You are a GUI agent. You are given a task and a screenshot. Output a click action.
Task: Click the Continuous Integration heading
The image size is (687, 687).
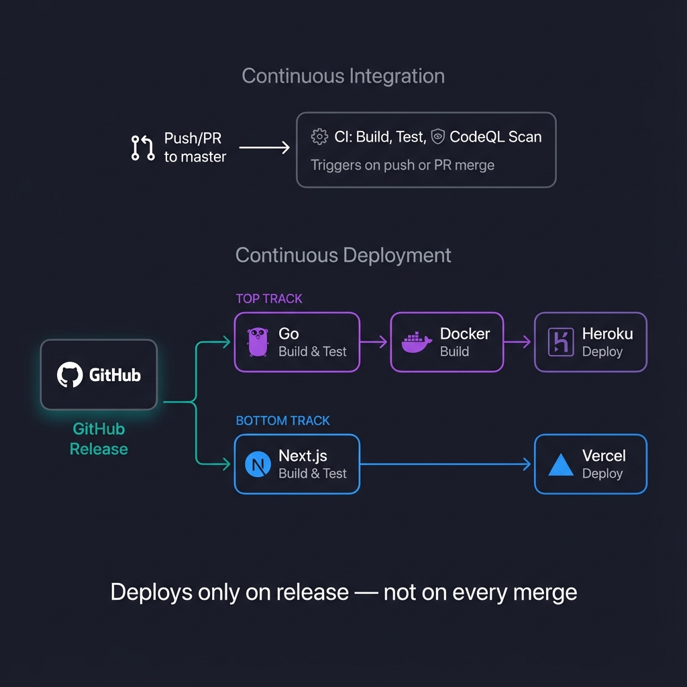tap(343, 76)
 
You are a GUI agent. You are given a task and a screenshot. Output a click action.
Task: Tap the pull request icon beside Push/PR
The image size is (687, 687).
tap(142, 148)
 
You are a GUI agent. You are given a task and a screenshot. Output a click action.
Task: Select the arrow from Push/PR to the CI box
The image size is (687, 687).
tap(264, 148)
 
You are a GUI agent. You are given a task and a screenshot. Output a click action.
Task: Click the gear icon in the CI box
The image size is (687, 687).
tap(319, 137)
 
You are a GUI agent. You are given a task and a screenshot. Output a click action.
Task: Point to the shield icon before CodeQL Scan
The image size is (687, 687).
tap(438, 137)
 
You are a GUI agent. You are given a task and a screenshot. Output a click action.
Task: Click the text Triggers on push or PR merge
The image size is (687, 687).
tap(403, 165)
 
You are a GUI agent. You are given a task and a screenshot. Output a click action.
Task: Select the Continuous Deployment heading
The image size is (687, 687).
tap(343, 256)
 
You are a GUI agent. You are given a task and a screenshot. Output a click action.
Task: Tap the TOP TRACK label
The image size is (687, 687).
tap(269, 299)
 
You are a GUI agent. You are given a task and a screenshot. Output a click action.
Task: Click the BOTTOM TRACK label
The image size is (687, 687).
tap(282, 421)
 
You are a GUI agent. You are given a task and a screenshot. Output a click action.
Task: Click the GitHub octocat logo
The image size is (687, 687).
tap(70, 374)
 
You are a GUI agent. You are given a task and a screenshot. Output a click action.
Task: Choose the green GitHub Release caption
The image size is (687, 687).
tap(99, 439)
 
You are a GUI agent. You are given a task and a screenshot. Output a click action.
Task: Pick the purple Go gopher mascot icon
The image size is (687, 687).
tap(258, 342)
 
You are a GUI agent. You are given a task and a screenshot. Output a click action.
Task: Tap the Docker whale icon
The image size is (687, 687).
tap(417, 342)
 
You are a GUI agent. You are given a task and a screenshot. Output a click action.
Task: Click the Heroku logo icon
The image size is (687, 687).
tap(560, 342)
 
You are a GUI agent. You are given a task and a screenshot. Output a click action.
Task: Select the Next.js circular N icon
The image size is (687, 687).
tap(258, 464)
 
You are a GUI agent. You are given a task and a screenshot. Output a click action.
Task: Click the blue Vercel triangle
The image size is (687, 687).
tap(561, 464)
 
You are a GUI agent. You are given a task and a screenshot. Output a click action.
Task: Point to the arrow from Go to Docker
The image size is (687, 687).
tap(374, 342)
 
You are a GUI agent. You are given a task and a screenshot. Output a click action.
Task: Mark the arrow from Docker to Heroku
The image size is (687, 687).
tap(518, 342)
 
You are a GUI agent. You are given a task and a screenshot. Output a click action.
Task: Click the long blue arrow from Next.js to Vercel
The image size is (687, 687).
tap(446, 464)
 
